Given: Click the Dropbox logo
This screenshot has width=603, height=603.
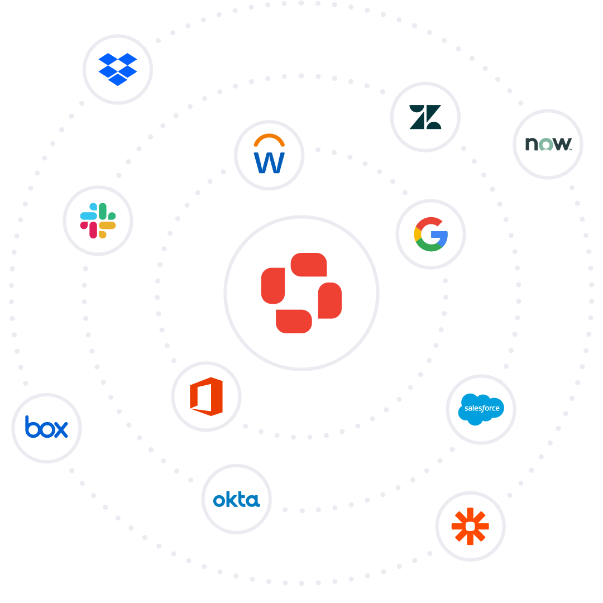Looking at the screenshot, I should point(117,69).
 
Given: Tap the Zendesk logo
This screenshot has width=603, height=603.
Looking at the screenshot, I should point(425,117).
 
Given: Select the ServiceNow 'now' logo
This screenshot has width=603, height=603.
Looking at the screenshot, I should point(548,144).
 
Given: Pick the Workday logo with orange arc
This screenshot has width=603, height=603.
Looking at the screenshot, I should point(269,155).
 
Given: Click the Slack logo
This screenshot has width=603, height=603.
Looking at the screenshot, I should point(98,221).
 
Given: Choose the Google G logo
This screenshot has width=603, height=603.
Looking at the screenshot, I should point(430,234).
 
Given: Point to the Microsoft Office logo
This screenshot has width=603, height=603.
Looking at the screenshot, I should point(206,396).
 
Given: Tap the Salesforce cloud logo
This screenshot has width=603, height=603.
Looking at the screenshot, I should point(481,409).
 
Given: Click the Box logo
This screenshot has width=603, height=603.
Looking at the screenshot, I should point(46,428).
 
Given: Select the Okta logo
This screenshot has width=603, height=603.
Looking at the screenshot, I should point(236,499).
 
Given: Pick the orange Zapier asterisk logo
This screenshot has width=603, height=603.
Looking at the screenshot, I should point(470,526).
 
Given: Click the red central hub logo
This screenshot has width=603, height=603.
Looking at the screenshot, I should point(301,293).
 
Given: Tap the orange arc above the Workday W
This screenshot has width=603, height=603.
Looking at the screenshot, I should point(269,138).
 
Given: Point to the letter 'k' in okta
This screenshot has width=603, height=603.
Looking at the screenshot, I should point(229,499).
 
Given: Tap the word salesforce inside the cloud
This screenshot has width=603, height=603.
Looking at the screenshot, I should point(481,408).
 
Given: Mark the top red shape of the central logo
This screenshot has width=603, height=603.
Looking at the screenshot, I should point(309,264).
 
